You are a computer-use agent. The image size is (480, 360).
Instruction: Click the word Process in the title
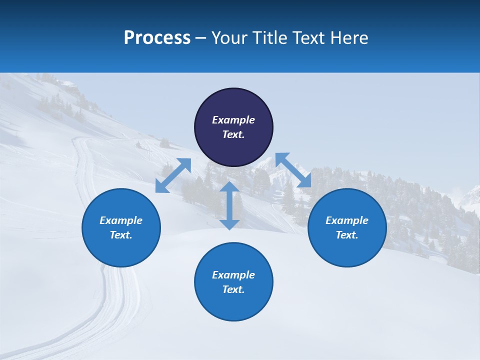click(157, 38)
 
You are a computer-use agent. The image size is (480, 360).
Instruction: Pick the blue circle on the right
click(347, 247)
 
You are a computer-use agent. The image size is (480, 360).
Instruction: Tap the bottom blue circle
click(233, 302)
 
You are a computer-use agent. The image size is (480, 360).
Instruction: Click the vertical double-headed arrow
click(229, 205)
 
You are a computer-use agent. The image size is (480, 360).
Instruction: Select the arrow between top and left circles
click(173, 175)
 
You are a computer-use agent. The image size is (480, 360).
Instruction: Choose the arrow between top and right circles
click(293, 170)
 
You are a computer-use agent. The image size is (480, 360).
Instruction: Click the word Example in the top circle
click(233, 120)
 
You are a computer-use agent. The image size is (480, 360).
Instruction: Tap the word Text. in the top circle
click(233, 134)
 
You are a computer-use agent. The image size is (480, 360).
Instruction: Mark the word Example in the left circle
click(121, 220)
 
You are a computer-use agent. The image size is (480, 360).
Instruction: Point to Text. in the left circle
click(121, 235)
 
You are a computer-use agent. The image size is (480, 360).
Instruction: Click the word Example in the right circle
click(347, 220)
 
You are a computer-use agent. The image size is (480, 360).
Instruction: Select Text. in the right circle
click(347, 235)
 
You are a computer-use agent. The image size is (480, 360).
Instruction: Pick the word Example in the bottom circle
click(233, 275)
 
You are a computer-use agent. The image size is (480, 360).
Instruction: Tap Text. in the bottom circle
click(233, 289)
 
